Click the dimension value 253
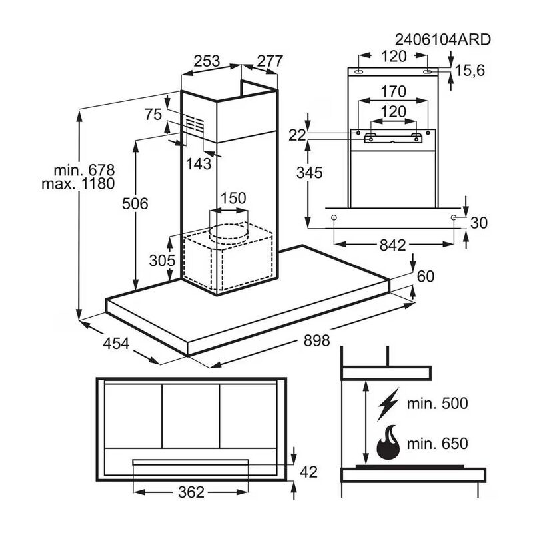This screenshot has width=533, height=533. coord(207,61)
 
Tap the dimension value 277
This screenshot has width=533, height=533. coord(270,61)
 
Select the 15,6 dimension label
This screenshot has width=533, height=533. coord(470,71)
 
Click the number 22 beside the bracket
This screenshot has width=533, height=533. coord(297,135)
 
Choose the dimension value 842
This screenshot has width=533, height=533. coord(392,245)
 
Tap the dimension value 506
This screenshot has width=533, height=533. coord(134,203)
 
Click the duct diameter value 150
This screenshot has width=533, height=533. coord(233,198)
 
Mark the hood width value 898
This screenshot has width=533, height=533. coord(316,341)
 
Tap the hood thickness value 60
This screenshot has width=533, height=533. coord(426,276)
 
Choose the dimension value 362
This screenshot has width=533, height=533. coord(191,494)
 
